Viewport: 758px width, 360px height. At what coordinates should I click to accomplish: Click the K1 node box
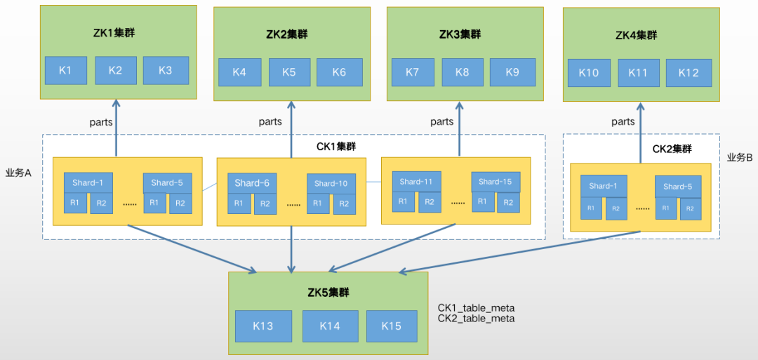tap(65, 70)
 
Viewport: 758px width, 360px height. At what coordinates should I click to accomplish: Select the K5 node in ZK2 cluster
tap(289, 72)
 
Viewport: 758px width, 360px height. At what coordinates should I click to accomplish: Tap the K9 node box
tap(512, 72)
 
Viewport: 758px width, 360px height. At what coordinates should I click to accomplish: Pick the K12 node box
tap(689, 72)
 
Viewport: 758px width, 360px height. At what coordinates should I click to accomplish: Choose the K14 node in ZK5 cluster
tap(329, 326)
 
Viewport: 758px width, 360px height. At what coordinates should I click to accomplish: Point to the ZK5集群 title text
tap(328, 292)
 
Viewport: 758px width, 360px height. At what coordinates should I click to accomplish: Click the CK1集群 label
tap(336, 147)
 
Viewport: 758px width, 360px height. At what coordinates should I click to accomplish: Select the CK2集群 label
tap(672, 149)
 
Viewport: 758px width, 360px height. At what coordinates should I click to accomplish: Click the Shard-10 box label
tap(331, 183)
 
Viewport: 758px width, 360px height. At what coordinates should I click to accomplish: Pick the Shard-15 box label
tap(496, 181)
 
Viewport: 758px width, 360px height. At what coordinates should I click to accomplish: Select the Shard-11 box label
tap(417, 181)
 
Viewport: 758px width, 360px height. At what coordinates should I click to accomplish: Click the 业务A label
tap(19, 173)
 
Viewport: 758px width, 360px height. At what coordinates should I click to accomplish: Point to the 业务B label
tap(740, 157)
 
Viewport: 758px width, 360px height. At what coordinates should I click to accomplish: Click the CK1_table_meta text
tap(477, 307)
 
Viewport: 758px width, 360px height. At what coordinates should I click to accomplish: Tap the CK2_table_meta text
tap(477, 318)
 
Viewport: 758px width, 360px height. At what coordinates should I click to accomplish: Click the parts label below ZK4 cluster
tap(623, 121)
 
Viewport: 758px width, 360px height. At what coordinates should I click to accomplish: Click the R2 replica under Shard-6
tap(265, 204)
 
